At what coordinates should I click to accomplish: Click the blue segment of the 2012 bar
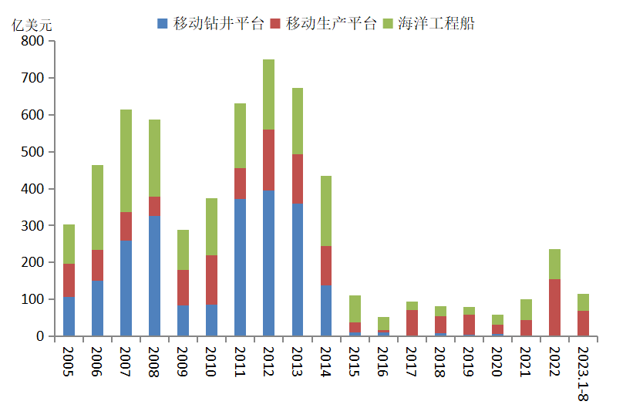(268, 263)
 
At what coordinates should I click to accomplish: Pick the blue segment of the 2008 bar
(154, 275)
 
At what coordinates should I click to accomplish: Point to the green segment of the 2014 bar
(326, 211)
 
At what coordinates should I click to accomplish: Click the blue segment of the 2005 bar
(69, 316)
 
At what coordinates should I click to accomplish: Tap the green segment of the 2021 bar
(526, 309)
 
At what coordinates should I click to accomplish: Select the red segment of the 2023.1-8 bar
(583, 323)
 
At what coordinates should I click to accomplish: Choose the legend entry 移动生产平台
(323, 24)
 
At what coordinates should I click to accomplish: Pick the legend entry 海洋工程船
(428, 24)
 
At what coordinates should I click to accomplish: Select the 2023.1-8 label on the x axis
(583, 373)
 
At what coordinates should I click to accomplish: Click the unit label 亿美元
(32, 24)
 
